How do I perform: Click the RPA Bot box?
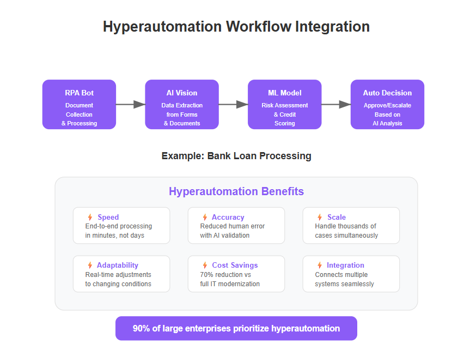tap(79, 104)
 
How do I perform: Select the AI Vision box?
tap(182, 104)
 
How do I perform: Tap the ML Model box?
tap(285, 104)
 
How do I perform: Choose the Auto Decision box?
tap(387, 104)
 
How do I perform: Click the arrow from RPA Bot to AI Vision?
tap(131, 104)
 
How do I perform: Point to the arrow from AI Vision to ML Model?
tap(233, 104)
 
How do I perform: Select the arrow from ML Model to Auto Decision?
tap(336, 104)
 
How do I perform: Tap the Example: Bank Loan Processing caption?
tap(236, 156)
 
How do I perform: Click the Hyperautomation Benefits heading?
tap(236, 191)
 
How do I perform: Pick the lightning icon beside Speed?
tap(90, 217)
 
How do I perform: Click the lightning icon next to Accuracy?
tap(205, 217)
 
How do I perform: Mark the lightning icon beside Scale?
tap(320, 217)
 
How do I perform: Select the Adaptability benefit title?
tap(118, 265)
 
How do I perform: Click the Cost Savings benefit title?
tap(235, 265)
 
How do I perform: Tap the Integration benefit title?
tap(345, 265)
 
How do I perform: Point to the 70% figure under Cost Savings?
tap(206, 275)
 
